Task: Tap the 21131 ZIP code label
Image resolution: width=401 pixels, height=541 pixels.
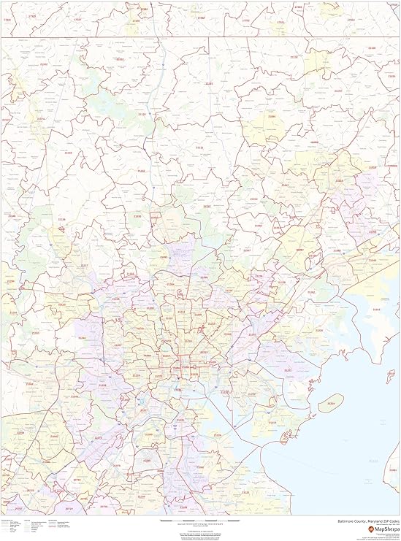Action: pyautogui.click(x=199, y=148)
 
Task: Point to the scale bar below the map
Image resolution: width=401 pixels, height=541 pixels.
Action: pyautogui.click(x=201, y=521)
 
